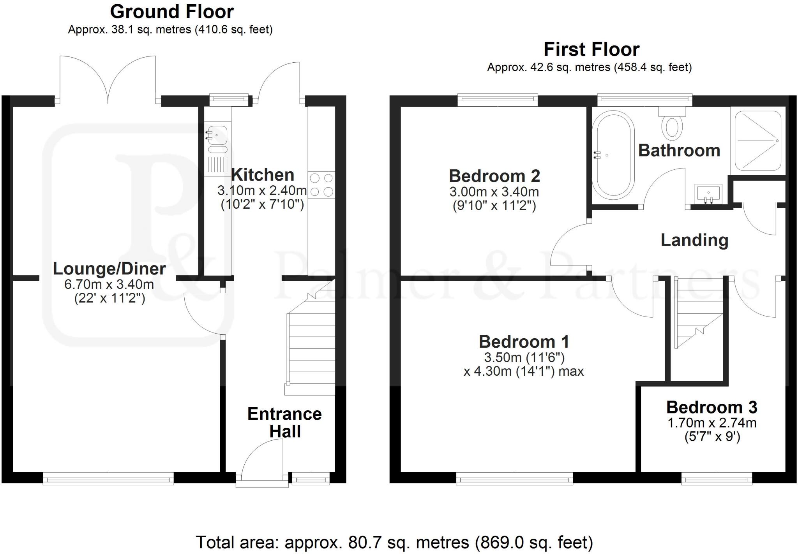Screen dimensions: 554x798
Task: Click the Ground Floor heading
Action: [x=172, y=12]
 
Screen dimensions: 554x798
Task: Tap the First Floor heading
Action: [x=591, y=50]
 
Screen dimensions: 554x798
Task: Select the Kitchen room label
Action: [x=263, y=175]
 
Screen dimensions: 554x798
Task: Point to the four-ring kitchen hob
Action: [x=321, y=185]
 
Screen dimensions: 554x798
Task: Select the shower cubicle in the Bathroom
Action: [x=758, y=141]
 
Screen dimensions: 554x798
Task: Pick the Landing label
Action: [x=694, y=240]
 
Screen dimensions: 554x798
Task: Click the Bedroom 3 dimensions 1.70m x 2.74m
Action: [x=712, y=423]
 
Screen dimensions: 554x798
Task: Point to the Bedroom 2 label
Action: [x=494, y=176]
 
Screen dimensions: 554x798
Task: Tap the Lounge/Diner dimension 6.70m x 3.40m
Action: [x=109, y=285]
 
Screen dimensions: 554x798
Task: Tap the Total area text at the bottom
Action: [x=394, y=542]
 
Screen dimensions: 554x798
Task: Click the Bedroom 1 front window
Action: [x=514, y=478]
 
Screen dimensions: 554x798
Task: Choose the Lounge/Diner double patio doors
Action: [x=108, y=82]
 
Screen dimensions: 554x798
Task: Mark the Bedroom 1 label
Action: [x=524, y=342]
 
